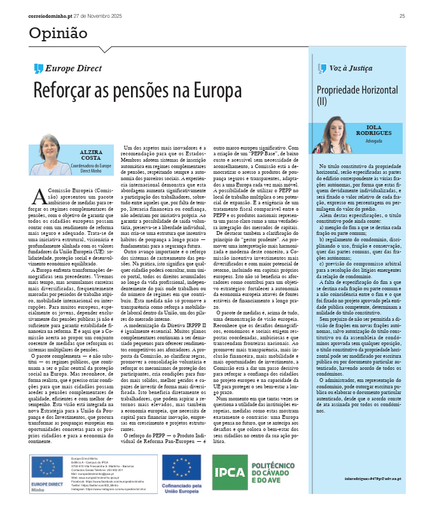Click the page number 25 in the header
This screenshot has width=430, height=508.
tap(402, 15)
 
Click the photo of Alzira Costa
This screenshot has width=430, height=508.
tap(50, 155)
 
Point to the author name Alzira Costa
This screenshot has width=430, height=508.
tap(89, 156)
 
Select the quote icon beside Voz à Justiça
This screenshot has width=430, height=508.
tap(322, 67)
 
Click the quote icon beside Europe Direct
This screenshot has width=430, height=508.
tap(38, 69)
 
